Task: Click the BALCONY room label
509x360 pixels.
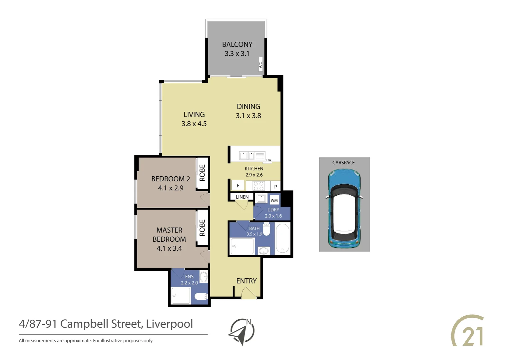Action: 237,44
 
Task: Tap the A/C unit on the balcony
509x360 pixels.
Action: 260,65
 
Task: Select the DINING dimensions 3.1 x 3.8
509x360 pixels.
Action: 249,116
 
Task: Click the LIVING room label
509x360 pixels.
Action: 194,114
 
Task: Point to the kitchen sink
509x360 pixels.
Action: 247,156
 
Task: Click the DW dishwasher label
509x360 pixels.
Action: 268,160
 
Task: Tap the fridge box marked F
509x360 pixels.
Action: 238,186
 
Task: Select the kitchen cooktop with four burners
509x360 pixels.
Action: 258,186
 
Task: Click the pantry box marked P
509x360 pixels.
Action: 275,186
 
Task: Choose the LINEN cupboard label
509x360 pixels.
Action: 242,197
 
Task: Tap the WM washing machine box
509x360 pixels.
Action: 274,200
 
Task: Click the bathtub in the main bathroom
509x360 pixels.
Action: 283,238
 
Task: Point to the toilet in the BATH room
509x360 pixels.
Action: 266,230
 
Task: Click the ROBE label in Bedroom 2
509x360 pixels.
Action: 202,173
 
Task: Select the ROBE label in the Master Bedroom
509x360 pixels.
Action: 202,228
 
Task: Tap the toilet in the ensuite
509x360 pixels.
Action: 201,296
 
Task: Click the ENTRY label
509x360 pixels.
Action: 247,281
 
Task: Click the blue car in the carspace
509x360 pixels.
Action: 344,209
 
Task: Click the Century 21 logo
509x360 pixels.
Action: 468,331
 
